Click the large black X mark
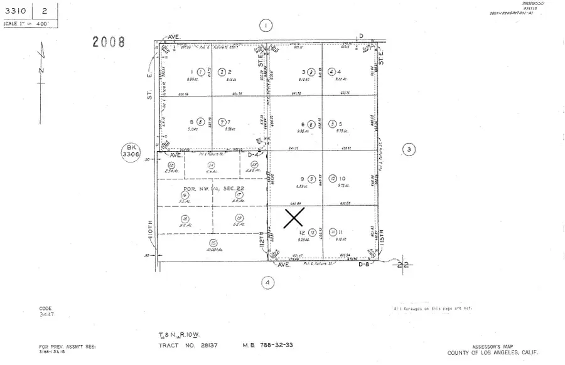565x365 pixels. (x=294, y=218)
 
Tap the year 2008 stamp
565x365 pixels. (x=109, y=42)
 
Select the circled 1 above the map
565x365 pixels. (x=266, y=25)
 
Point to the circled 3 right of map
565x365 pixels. (x=409, y=149)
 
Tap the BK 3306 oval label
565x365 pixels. (x=129, y=152)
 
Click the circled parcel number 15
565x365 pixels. (x=214, y=243)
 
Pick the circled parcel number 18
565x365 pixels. (x=185, y=218)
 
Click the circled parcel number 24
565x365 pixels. (x=211, y=165)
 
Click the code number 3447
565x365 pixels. (x=46, y=314)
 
